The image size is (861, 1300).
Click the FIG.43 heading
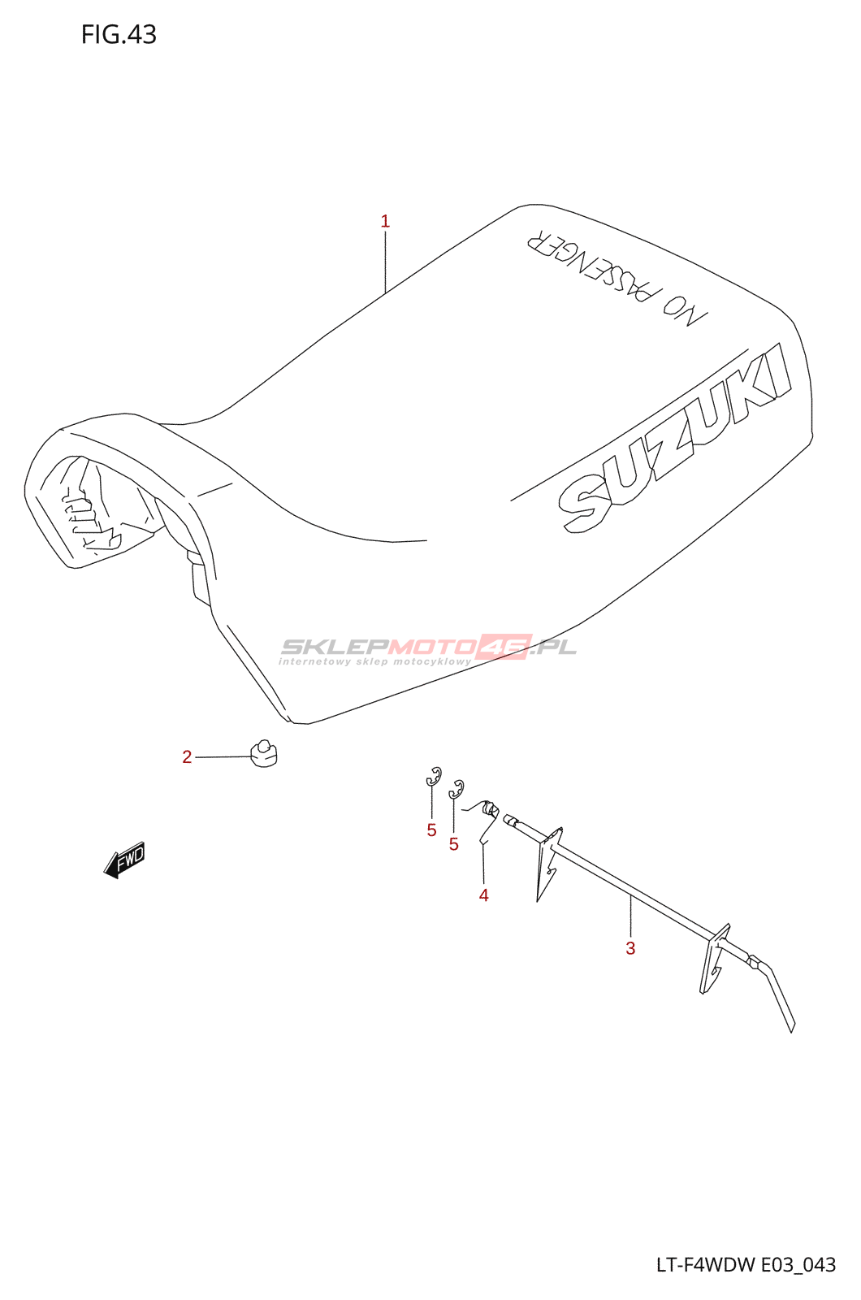119,34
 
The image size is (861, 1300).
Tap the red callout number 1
385,221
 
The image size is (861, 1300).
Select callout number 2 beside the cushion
187,757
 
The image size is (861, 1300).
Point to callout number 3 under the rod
630,948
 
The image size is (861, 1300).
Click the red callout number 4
483,895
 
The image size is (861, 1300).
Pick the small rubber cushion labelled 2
262,752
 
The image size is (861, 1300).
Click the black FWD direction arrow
125,860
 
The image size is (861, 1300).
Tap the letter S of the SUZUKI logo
584,505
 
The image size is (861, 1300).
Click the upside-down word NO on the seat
684,310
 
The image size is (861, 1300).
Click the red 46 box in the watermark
504,647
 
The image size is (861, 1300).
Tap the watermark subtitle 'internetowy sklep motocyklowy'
374,661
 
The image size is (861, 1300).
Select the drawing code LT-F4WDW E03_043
746,1264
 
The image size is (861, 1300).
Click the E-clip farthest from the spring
434,776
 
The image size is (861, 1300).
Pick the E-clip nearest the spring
456,788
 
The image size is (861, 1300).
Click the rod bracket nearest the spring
548,861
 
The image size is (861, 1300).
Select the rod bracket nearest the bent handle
715,959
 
